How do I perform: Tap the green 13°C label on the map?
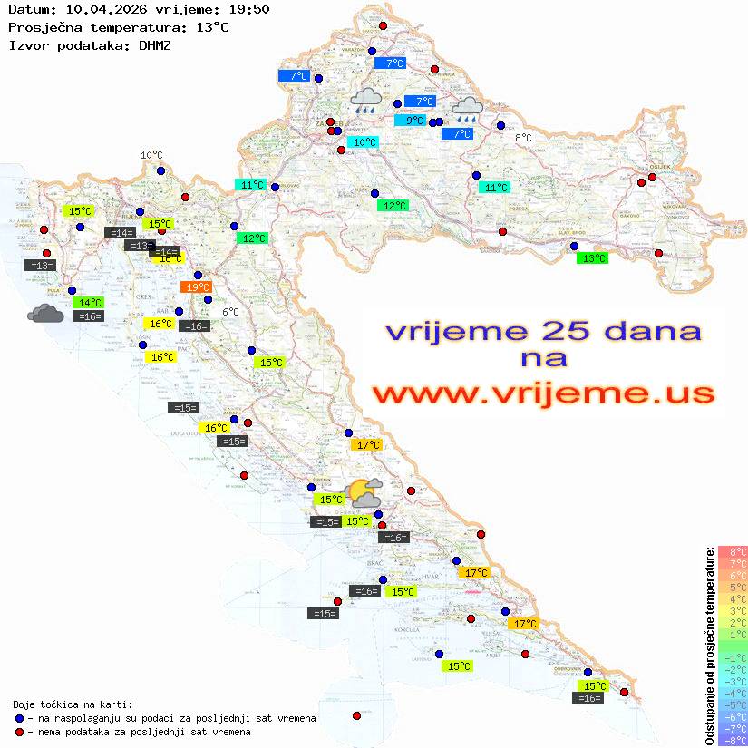tap(593, 258)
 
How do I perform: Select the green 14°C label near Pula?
tap(89, 302)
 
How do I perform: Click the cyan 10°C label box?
tap(363, 142)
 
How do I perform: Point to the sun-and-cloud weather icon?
tap(364, 493)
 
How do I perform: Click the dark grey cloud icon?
tap(45, 314)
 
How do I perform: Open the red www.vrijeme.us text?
tap(543, 393)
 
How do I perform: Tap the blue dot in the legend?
tap(19, 718)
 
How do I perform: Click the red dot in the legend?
tap(19, 732)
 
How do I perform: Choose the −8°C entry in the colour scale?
tap(733, 740)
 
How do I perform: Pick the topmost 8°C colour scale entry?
tap(733, 551)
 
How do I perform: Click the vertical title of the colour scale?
tap(710, 646)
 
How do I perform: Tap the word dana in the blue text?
tap(651, 330)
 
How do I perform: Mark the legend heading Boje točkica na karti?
tap(73, 704)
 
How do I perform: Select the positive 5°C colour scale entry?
tap(733, 587)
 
